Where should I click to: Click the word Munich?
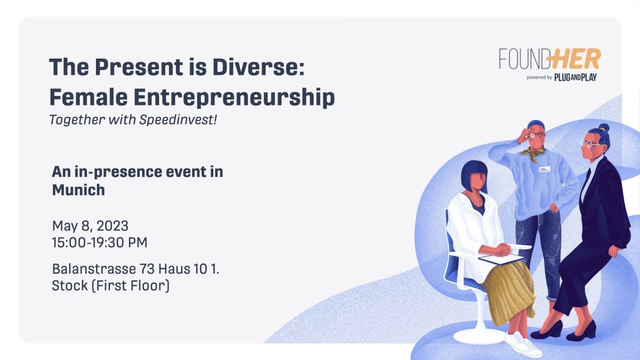tap(78, 190)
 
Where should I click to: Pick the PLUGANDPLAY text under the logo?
tap(575, 77)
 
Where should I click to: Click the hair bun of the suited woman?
tap(603, 128)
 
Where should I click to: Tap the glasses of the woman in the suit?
tap(588, 143)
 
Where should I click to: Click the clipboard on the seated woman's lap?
tap(501, 259)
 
